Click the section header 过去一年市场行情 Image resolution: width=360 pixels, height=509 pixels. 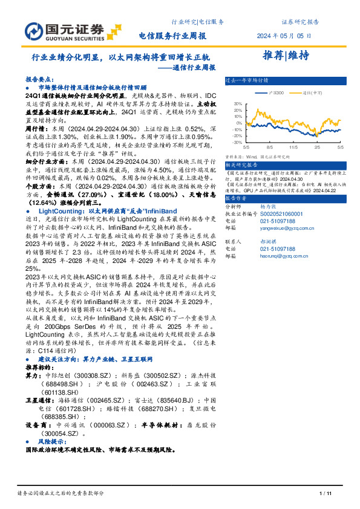click(x=247, y=79)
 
